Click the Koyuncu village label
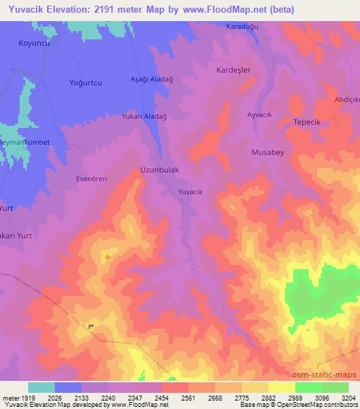pos(32,43)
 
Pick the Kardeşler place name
pos(232,71)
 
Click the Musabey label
pos(268,151)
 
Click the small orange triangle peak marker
pos(107,257)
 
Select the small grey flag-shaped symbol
pos(91,326)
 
